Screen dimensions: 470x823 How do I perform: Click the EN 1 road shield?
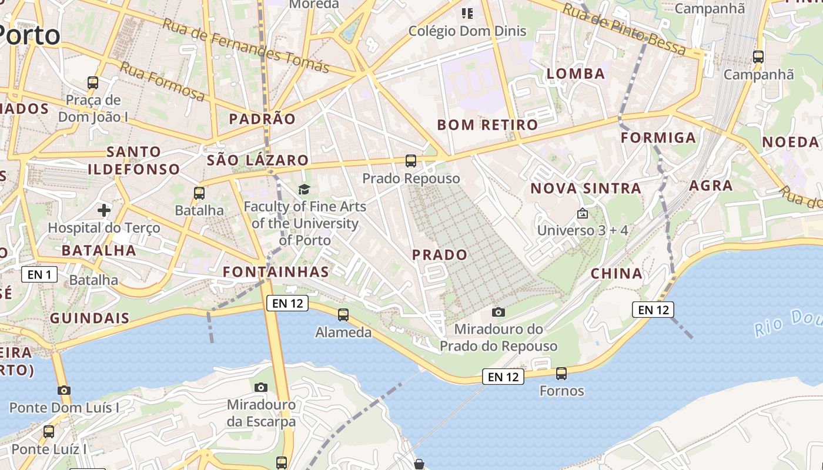pos(39,274)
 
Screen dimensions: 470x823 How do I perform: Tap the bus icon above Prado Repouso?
pos(411,160)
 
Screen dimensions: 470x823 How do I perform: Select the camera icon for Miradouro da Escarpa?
pos(261,387)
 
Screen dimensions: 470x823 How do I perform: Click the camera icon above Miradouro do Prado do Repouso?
pos(499,312)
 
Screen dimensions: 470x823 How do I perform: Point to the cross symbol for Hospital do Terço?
pos(104,210)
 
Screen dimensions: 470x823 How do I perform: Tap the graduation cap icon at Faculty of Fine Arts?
pos(304,189)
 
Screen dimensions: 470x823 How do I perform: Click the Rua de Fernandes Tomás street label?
pos(245,45)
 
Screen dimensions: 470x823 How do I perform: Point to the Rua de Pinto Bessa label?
pos(624,29)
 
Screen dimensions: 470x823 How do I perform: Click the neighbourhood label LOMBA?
pos(576,73)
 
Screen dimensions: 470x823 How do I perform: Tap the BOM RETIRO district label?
pos(487,125)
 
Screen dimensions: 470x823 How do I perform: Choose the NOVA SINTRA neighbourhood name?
pos(586,189)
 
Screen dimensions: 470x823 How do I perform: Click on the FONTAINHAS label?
pos(276,271)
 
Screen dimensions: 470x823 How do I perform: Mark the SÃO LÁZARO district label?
pos(257,160)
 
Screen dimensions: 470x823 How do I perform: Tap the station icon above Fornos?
pos(561,373)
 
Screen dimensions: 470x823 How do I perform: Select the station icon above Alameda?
pos(343,315)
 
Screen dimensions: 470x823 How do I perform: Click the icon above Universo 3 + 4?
pos(583,213)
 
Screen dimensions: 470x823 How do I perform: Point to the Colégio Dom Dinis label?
pos(467,31)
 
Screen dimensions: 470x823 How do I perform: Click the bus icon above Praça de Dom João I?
pos(93,82)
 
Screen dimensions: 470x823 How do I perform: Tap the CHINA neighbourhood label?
pos(617,273)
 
